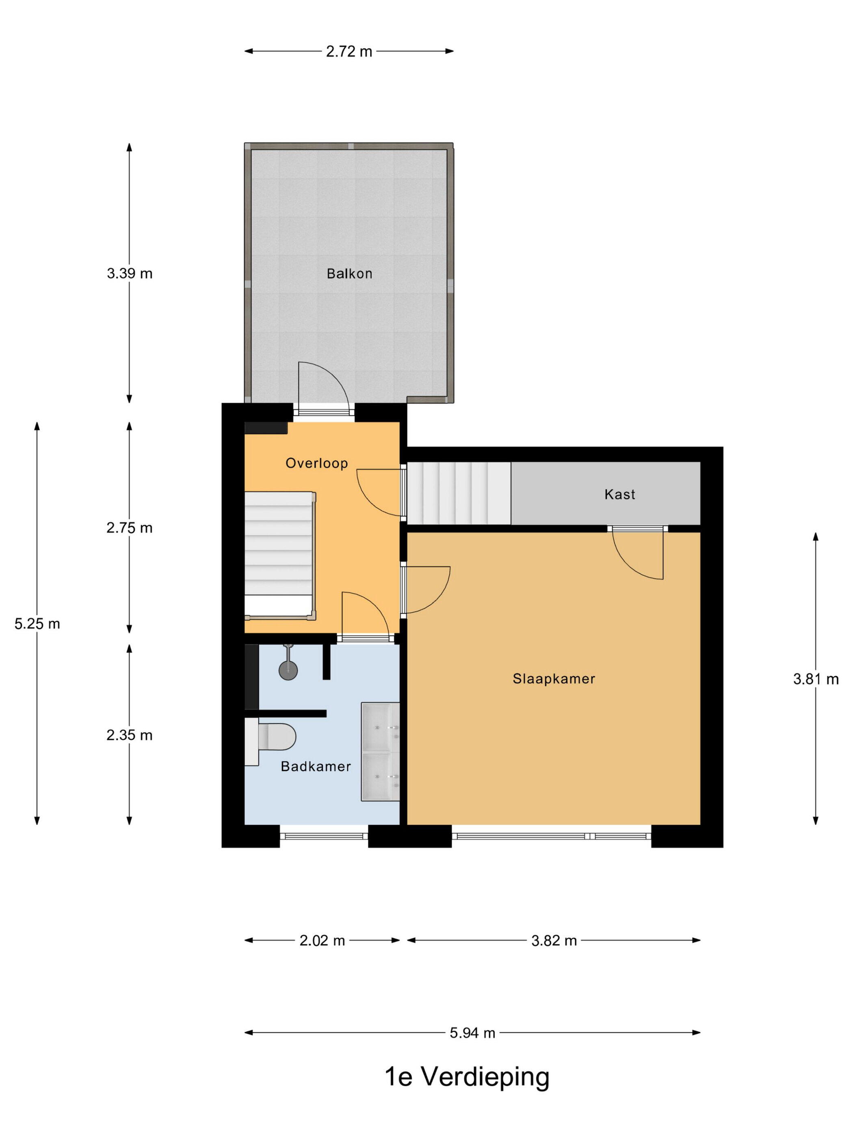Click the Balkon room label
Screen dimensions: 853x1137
(x=349, y=273)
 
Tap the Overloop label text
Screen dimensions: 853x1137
(x=317, y=463)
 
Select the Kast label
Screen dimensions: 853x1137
(x=619, y=495)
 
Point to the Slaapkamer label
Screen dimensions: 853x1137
(x=554, y=679)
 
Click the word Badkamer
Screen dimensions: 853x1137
(x=316, y=766)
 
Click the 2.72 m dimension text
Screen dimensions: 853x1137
(x=349, y=52)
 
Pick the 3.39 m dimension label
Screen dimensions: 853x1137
(x=130, y=273)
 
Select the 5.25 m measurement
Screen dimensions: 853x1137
(x=37, y=624)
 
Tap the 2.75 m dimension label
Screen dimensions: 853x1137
(x=130, y=528)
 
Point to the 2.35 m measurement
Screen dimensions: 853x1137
(x=130, y=735)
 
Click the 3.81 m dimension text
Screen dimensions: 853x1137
(x=816, y=679)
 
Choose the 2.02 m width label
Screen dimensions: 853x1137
(x=323, y=940)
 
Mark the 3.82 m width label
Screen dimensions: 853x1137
(x=554, y=940)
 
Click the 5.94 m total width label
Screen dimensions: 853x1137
(x=472, y=1033)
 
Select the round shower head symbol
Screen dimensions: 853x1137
(x=288, y=670)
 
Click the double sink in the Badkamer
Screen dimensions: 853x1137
(x=381, y=752)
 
